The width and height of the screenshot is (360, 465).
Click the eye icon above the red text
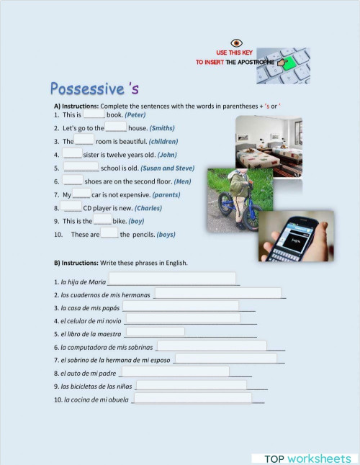[x=235, y=43]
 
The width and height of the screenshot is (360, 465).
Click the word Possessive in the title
[x=87, y=89]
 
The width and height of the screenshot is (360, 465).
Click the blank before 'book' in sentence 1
[x=94, y=114]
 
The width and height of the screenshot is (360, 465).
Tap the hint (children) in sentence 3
[x=163, y=142]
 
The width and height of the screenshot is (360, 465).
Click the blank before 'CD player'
[x=71, y=207]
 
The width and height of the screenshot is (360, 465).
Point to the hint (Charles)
[x=148, y=208]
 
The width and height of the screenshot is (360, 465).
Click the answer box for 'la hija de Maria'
[x=171, y=279]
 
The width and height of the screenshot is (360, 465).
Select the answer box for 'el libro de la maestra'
[x=155, y=332]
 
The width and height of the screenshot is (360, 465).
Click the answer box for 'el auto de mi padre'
[x=174, y=371]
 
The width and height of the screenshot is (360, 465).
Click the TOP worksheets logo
[x=307, y=459]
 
